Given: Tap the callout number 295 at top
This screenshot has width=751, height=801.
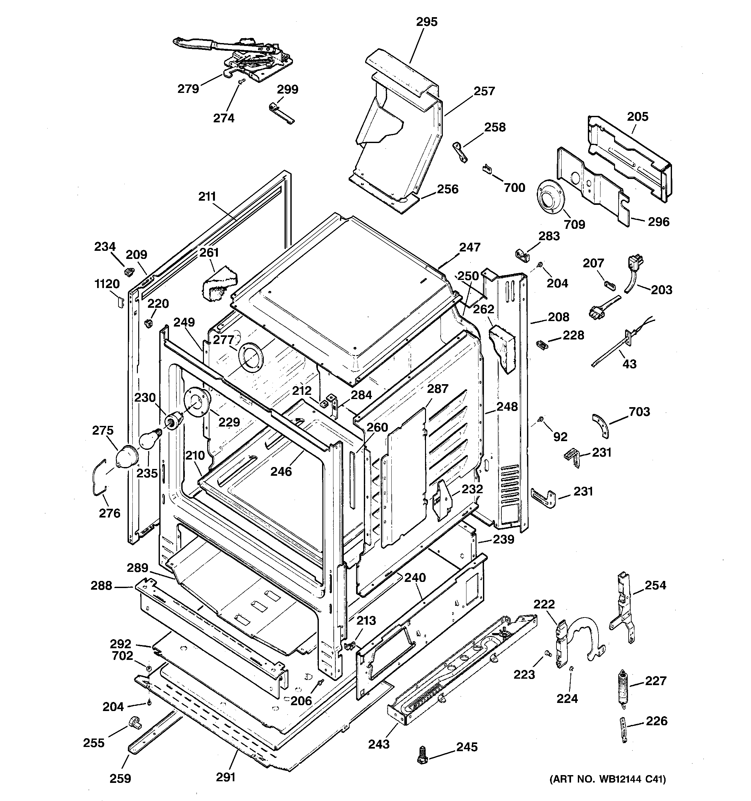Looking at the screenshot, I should pyautogui.click(x=427, y=22).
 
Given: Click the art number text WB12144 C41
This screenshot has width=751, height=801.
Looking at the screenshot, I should pyautogui.click(x=608, y=780).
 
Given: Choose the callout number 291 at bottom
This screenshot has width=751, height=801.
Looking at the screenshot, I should pyautogui.click(x=226, y=777).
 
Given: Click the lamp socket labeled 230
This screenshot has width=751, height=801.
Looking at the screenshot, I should pyautogui.click(x=174, y=421).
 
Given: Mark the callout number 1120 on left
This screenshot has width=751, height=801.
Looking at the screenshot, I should pyautogui.click(x=107, y=284).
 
